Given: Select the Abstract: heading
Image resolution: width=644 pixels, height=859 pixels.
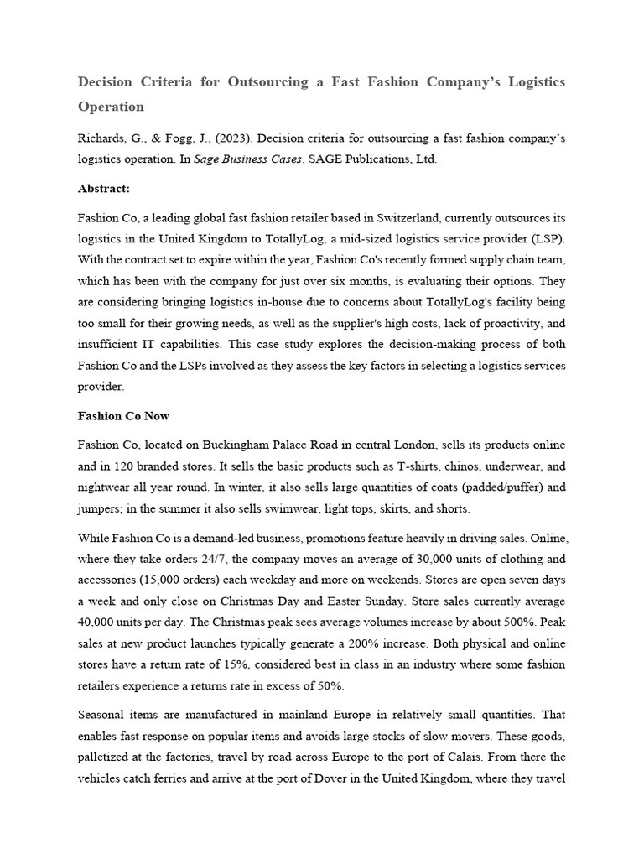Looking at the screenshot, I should (103, 189).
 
